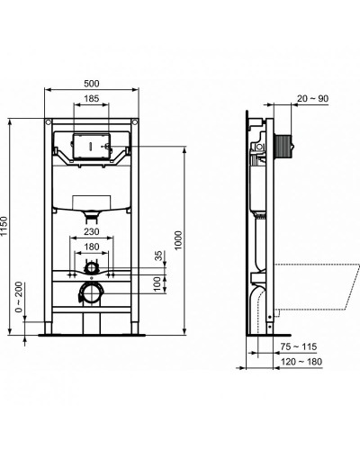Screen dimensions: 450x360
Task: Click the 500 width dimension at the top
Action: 92,85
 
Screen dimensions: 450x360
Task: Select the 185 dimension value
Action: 92,98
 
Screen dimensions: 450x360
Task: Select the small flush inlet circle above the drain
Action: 91,269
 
